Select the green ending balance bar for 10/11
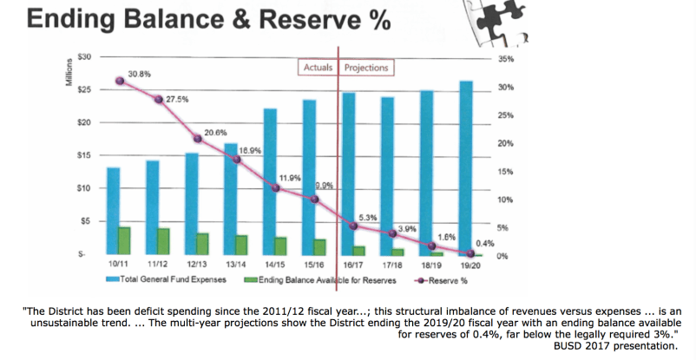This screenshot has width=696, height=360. pos(124,240)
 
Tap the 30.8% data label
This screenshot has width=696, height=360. pos(141,74)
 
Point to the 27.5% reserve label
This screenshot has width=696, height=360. pos(178,100)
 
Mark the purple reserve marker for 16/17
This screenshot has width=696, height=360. pos(353,226)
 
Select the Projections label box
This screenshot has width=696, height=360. pos(365,68)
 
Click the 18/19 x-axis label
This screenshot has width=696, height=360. pos(432,265)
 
